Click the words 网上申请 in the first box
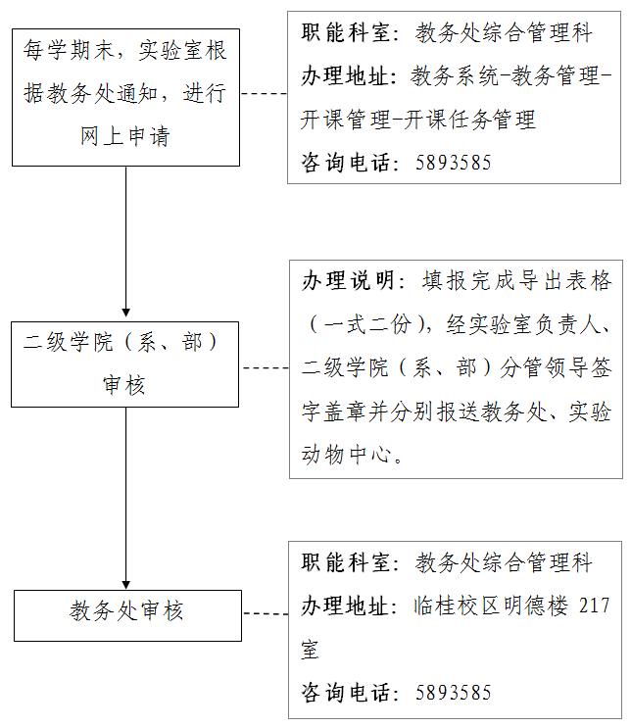point(125,136)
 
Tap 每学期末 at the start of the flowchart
point(69,50)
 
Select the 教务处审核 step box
point(127,615)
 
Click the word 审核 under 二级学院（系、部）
point(124,385)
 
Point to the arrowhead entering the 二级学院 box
point(125,313)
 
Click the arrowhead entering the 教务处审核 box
point(125,585)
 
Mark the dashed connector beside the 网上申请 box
point(264,94)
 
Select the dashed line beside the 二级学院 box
point(266,368)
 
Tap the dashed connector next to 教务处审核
point(266,614)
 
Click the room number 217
point(595,606)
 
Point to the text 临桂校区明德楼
point(491,606)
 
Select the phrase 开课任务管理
point(469,120)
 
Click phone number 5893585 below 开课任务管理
point(453,163)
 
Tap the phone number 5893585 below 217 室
point(453,693)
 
